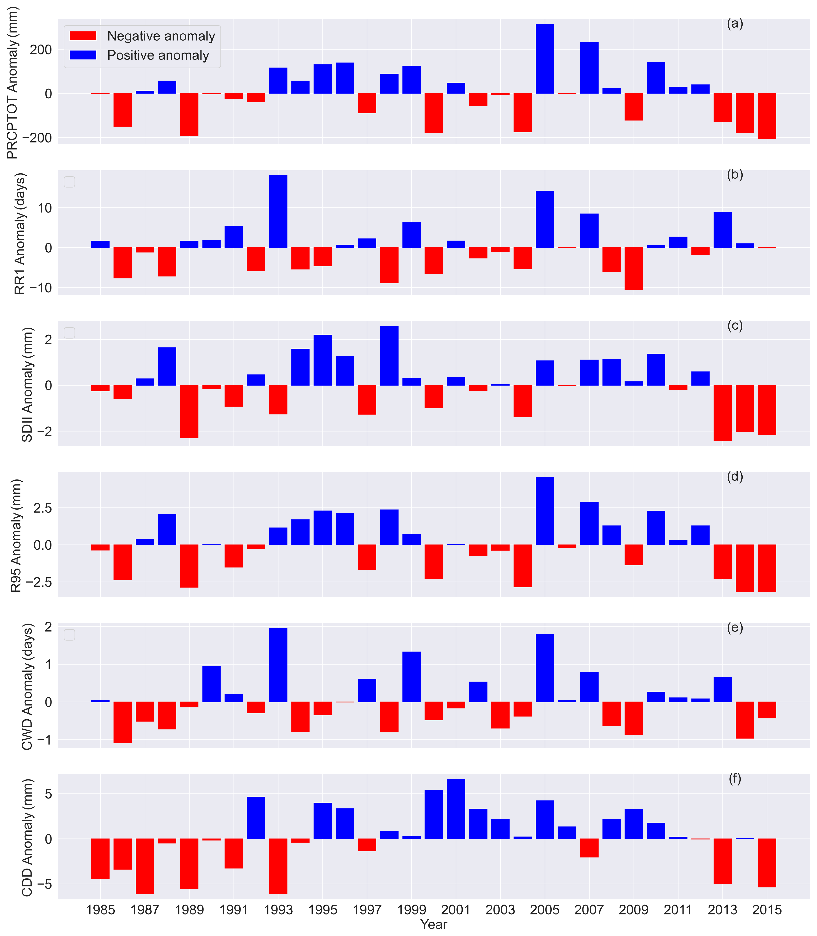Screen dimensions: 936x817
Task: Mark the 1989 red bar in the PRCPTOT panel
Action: point(189,115)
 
